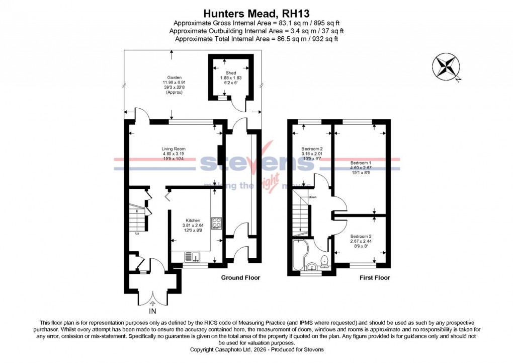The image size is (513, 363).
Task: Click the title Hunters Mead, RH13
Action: [256, 13]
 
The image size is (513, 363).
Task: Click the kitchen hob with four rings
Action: [217, 223]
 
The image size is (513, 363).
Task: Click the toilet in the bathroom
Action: [325, 260]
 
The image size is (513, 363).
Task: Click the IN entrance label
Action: [152, 312]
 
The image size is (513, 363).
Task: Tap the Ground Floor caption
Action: [240, 278]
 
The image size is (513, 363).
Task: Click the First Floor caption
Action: [375, 278]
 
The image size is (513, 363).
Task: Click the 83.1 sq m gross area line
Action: [256, 24]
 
